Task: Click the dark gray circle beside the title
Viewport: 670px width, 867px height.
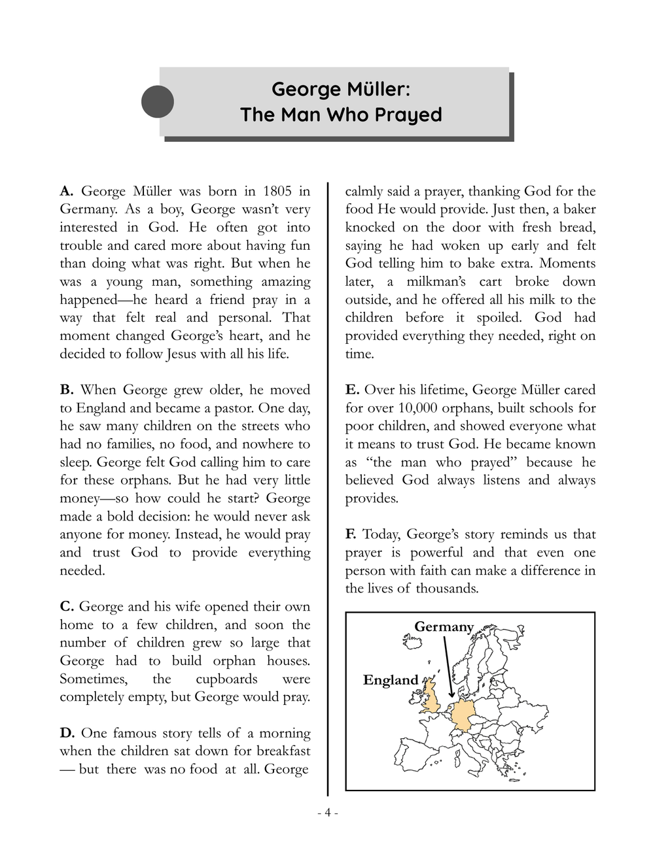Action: pyautogui.click(x=158, y=102)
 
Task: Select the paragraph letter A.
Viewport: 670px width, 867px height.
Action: pyautogui.click(x=66, y=192)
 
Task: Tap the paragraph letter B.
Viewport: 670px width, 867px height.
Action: pyautogui.click(x=66, y=390)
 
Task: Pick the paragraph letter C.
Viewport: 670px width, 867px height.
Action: pyautogui.click(x=67, y=607)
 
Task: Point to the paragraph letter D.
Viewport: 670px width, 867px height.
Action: pyautogui.click(x=67, y=734)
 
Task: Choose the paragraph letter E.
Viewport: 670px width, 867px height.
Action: pyautogui.click(x=352, y=390)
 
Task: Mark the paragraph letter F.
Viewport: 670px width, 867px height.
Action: pyautogui.click(x=351, y=535)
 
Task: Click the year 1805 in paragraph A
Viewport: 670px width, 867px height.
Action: pyautogui.click(x=277, y=192)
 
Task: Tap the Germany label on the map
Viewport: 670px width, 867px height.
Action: pyautogui.click(x=444, y=627)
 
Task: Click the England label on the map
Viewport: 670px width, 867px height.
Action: pyautogui.click(x=391, y=680)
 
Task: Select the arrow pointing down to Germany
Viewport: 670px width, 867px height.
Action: pyautogui.click(x=448, y=667)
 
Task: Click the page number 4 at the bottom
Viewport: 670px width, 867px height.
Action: pyautogui.click(x=327, y=813)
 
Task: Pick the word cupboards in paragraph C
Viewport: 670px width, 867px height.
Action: pyautogui.click(x=226, y=679)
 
